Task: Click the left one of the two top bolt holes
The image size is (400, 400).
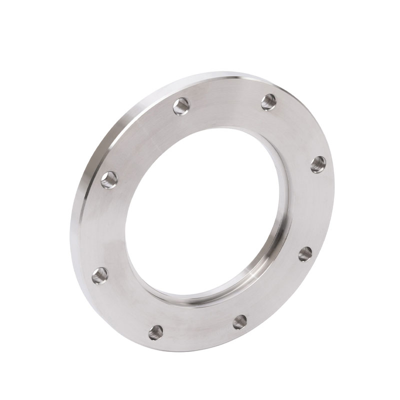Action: click(x=181, y=106)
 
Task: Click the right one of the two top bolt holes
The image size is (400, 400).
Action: click(x=269, y=102)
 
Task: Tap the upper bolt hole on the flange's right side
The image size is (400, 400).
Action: click(x=318, y=164)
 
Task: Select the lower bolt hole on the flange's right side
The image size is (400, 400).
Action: click(x=305, y=254)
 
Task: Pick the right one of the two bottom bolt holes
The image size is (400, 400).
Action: click(x=240, y=322)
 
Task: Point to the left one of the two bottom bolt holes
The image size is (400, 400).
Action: click(x=156, y=331)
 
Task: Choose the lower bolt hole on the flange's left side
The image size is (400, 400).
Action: click(x=100, y=274)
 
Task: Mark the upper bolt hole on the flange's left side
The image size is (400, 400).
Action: click(x=109, y=180)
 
